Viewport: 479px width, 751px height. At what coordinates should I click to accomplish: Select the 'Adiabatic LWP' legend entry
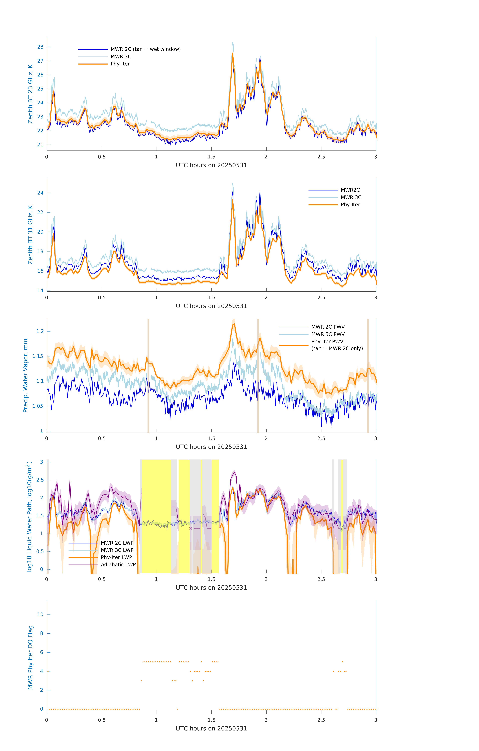118,565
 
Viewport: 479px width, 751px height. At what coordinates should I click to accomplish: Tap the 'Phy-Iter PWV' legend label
327,341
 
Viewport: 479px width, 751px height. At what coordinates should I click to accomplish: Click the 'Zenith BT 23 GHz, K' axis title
30,94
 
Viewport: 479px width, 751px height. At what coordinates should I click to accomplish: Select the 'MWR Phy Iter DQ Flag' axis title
30,657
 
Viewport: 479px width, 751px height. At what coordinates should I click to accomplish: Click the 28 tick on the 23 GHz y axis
40,47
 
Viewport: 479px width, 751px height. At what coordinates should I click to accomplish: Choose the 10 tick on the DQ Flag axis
40,614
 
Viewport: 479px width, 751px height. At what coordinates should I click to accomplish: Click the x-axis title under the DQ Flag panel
211,729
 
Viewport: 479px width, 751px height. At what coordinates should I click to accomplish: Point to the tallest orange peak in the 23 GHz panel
232,54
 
